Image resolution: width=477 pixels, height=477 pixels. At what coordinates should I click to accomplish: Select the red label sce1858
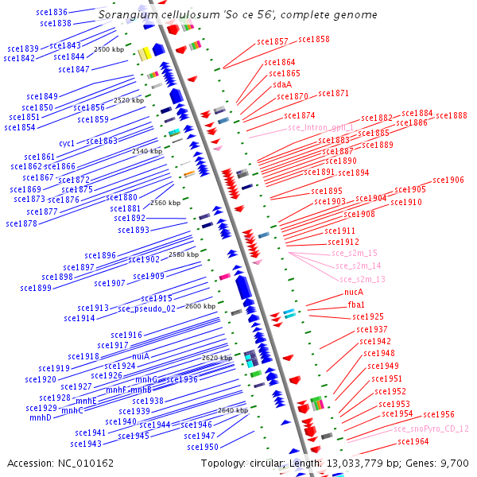(x=313, y=39)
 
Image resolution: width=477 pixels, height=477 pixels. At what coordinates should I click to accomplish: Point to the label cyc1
(x=67, y=143)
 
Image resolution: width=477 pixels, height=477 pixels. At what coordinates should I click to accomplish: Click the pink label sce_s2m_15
(x=355, y=253)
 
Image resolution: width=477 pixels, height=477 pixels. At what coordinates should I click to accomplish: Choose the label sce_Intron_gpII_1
(x=320, y=127)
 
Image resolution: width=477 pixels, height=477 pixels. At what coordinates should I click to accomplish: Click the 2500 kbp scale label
(x=109, y=49)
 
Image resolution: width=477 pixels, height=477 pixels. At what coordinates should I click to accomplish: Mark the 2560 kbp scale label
(x=165, y=203)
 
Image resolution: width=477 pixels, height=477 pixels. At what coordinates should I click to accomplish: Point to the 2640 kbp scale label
(x=233, y=410)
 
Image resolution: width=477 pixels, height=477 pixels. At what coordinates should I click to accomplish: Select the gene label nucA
(x=354, y=292)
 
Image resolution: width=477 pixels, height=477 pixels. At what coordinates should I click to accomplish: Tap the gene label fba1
(x=356, y=304)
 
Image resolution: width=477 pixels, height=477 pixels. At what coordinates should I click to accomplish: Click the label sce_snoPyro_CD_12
(x=431, y=429)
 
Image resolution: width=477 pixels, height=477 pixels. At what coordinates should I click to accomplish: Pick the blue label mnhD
(x=41, y=417)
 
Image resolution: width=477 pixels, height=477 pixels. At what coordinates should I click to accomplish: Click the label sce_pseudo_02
(x=146, y=308)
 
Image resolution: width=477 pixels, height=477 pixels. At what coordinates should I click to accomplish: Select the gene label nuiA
(x=141, y=356)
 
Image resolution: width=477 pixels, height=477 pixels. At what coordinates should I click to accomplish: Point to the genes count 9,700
(x=455, y=463)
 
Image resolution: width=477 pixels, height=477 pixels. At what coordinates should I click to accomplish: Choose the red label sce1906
(x=448, y=180)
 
